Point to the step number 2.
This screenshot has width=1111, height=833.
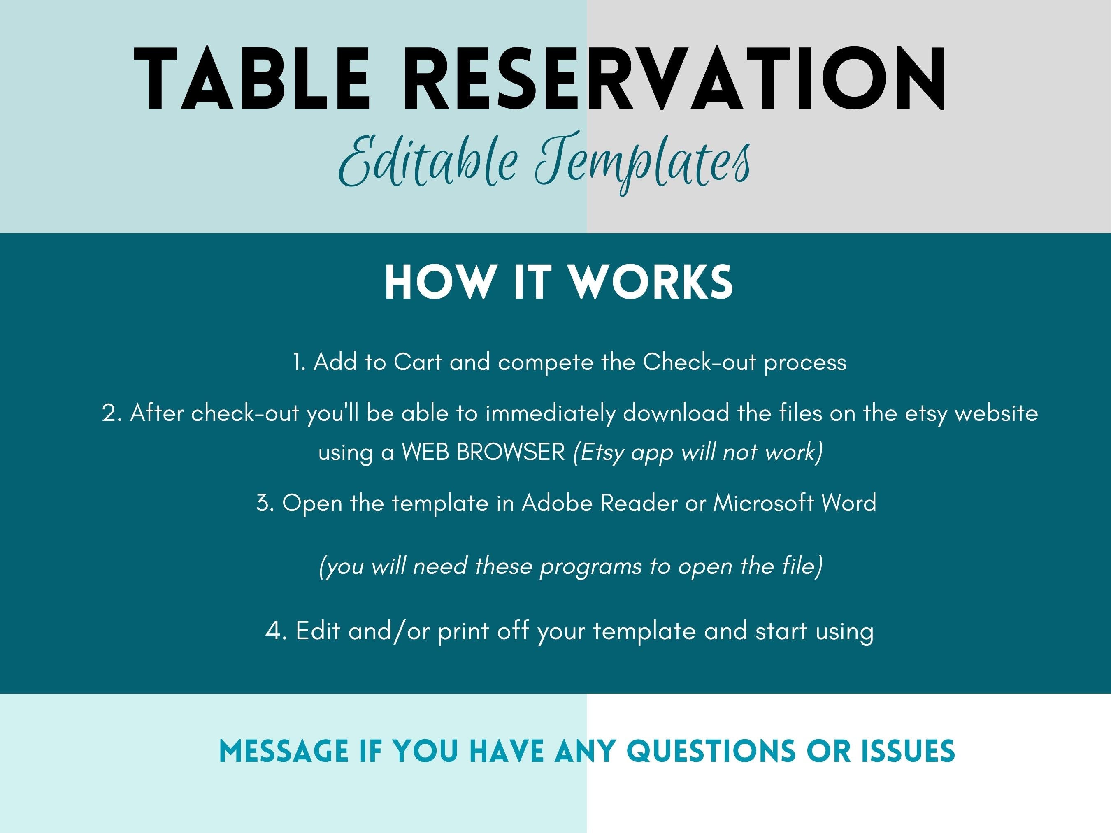point(112,413)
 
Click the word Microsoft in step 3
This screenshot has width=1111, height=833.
point(762,503)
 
